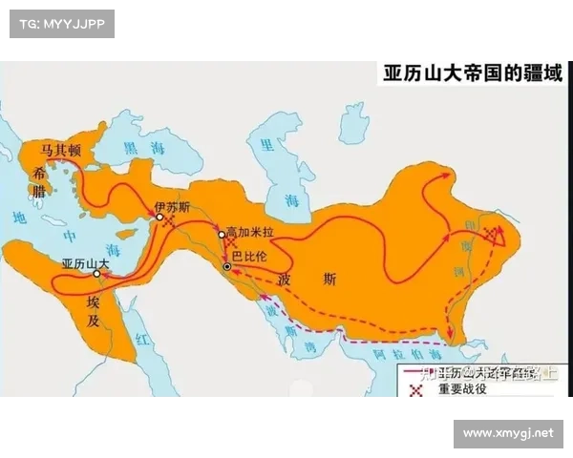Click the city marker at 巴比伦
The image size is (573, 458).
coord(226,267)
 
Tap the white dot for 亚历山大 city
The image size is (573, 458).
coord(96,274)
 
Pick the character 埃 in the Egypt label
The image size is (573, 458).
coord(93,301)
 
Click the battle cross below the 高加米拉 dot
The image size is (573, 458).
coord(230,244)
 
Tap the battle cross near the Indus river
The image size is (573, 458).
coord(491,234)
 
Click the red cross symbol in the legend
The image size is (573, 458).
coord(415,388)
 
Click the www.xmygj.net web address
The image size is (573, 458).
coord(507,433)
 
